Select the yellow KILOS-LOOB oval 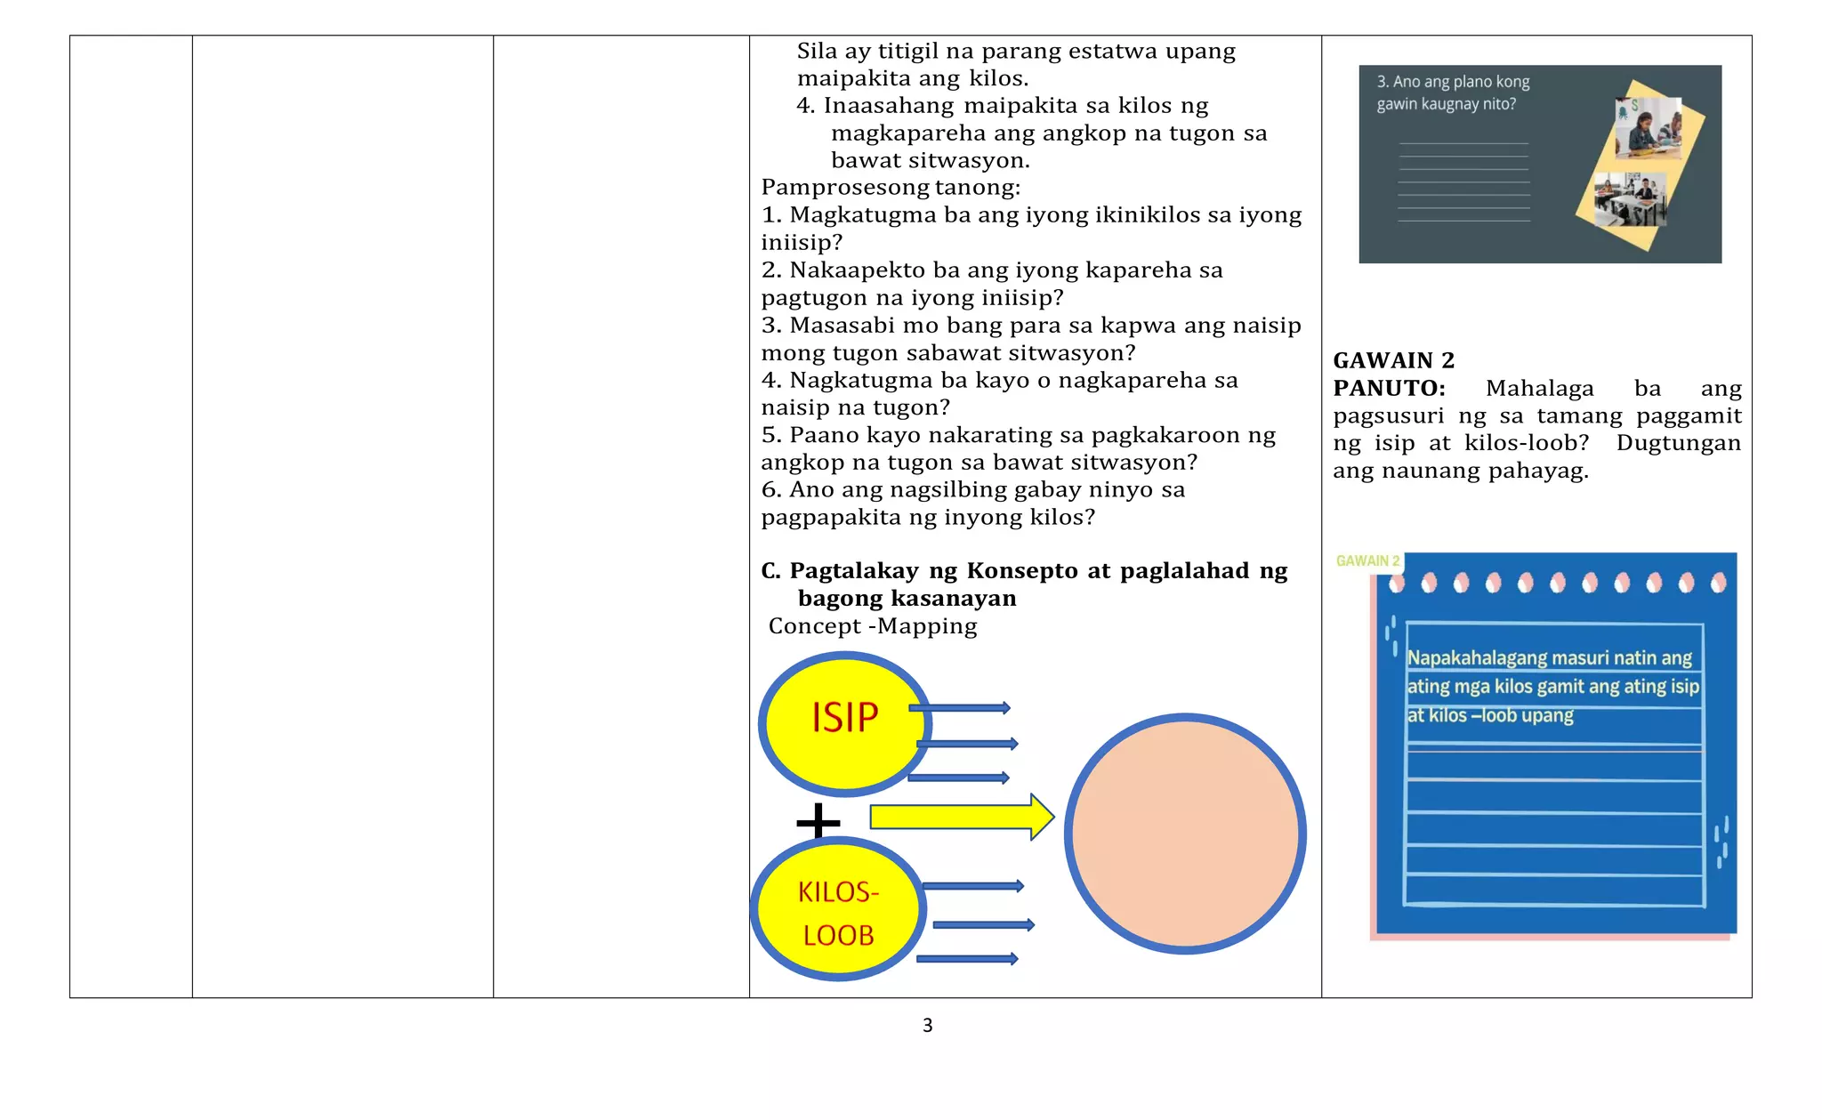pos(837,910)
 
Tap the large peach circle pos(1185,834)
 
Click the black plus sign pos(818,821)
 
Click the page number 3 pos(927,1026)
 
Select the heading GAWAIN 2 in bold pos(1393,360)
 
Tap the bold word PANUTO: pos(1389,389)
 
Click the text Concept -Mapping pos(873,626)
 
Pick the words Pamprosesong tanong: pos(891,188)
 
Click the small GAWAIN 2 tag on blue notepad pos(1367,561)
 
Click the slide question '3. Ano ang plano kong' pos(1453,82)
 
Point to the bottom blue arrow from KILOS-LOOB pos(967,959)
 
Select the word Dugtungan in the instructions pos(1678,443)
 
